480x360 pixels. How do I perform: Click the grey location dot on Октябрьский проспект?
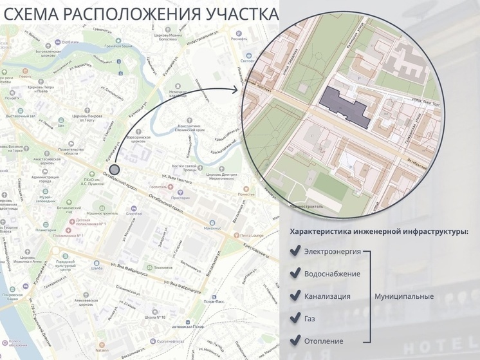click(113, 170)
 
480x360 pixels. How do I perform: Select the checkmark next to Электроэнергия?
click(295, 251)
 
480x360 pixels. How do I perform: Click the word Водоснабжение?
click(331, 274)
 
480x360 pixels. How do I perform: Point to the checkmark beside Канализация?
click(295, 296)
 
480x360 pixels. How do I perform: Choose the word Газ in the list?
click(309, 318)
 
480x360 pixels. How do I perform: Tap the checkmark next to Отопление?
click(295, 341)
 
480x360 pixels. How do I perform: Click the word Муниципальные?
click(403, 296)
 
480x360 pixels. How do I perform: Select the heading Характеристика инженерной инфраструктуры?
click(379, 231)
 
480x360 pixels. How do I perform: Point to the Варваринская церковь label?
click(136, 139)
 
